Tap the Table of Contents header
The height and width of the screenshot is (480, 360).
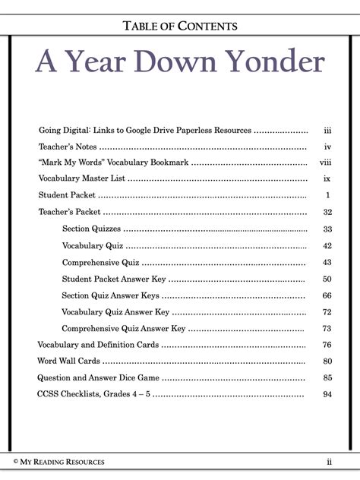[180, 26]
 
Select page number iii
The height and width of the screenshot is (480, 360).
[327, 131]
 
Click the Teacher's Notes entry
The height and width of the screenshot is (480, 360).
[68, 147]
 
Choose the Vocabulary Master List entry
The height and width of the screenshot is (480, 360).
[82, 179]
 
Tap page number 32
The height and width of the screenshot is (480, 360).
[327, 213]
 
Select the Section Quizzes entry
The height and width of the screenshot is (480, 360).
[91, 229]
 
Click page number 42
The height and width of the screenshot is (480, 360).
[327, 246]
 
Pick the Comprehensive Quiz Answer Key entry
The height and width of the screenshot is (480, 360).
[124, 329]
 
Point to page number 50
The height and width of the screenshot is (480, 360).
[327, 279]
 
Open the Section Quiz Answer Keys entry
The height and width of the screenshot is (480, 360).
[111, 295]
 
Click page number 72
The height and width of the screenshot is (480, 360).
[327, 312]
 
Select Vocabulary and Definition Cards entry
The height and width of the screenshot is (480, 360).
[98, 345]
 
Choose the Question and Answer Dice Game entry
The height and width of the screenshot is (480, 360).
[98, 378]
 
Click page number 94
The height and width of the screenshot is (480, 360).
[327, 395]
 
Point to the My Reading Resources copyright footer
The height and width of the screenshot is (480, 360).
[58, 462]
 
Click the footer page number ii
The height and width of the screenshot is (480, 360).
[330, 462]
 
